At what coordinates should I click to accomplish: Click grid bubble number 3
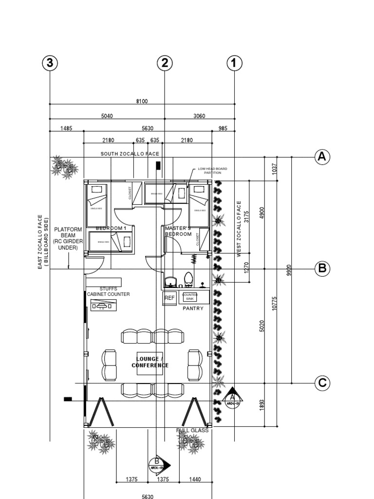click(50, 63)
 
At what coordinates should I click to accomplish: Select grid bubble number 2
click(165, 63)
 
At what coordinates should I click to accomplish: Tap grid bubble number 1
click(234, 63)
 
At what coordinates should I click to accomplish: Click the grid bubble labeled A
click(321, 157)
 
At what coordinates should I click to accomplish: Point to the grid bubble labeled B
click(321, 269)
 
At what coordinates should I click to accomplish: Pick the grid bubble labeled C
click(321, 383)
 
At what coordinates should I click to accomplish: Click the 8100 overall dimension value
click(142, 101)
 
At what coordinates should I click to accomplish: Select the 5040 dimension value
click(107, 116)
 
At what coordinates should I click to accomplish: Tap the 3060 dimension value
click(200, 116)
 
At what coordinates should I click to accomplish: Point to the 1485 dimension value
click(66, 129)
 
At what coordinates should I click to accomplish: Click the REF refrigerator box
click(169, 298)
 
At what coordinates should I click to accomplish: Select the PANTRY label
click(192, 309)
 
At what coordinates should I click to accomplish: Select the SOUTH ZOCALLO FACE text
click(130, 154)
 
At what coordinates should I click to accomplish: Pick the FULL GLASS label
click(192, 430)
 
